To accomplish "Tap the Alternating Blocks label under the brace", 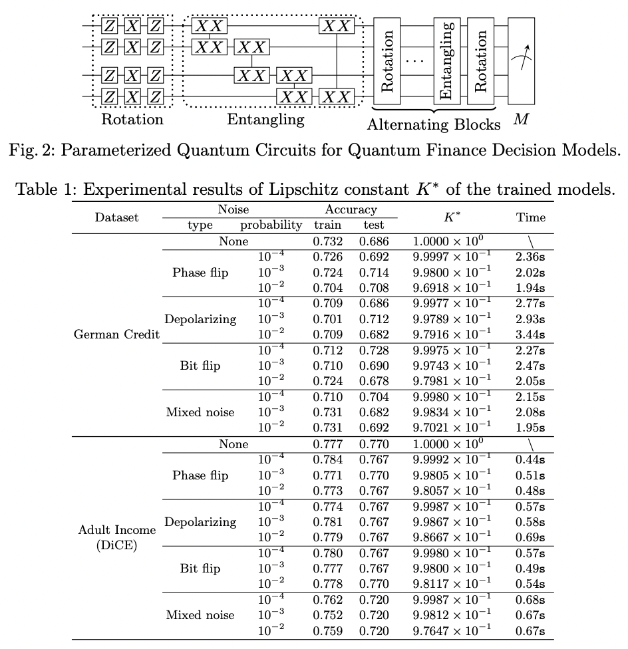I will (434, 124).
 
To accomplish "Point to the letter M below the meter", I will (521, 122).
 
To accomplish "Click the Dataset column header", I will (117, 217).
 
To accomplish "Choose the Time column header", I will (530, 217).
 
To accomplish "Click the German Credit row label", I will (117, 334).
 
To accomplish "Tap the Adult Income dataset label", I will (117, 530).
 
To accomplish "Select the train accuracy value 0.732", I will (328, 242).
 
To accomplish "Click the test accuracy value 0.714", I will (375, 272).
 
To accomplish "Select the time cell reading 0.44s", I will (530, 459).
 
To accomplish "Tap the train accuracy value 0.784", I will (328, 459).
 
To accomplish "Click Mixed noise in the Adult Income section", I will (200, 615).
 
